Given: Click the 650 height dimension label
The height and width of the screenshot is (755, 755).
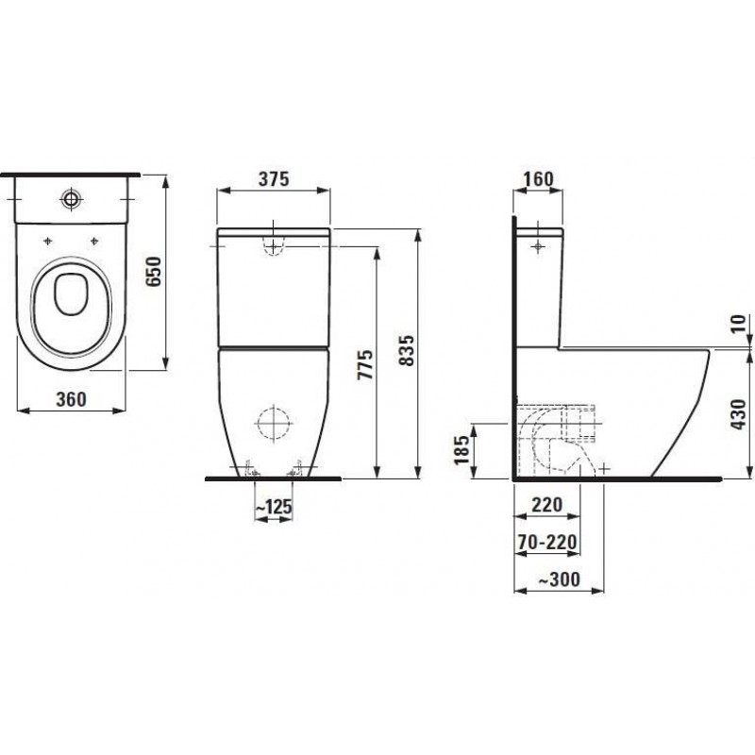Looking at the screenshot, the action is coord(154,271).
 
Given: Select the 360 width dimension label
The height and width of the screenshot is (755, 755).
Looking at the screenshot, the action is coord(72,399).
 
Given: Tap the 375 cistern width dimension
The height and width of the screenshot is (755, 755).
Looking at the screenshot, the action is coord(274,178).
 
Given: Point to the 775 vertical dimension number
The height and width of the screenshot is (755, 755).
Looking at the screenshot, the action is coord(365,364).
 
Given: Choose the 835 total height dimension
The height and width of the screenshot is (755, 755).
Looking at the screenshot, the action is coord(407,350).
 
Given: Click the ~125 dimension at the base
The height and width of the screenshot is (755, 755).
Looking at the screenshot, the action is coord(273,507).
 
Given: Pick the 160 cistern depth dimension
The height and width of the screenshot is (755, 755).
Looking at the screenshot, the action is coord(538,179).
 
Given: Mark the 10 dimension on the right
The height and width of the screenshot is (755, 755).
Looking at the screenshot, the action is coord(738,323).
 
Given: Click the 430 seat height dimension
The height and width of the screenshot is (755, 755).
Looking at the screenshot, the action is coord(738,414).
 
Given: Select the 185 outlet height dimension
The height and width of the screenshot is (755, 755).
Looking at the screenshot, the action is coord(461,449).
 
